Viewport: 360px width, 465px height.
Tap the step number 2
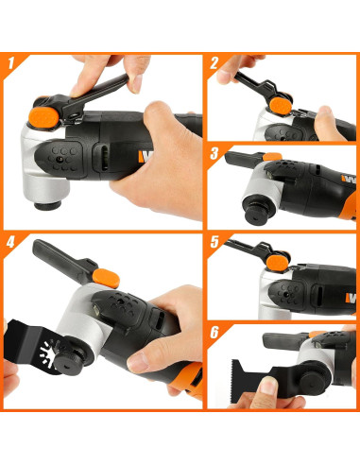click(215, 65)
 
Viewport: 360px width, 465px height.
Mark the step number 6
click(215, 334)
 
